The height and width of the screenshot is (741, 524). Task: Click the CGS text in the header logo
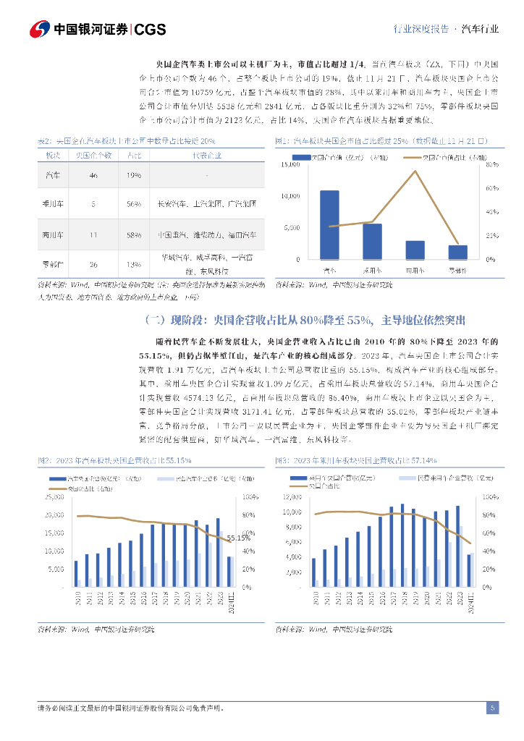151,30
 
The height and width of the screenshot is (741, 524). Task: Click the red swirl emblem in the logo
40,30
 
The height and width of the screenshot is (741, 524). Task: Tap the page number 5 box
492,708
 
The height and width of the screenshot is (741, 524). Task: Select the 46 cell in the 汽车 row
93,176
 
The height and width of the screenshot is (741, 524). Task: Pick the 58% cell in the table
134,235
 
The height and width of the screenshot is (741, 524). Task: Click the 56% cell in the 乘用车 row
134,205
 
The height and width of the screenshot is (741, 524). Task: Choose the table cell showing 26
93,264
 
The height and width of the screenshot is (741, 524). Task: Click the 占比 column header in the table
134,155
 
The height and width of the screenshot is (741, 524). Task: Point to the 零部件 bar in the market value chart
457,252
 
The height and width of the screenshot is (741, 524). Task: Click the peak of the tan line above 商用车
415,172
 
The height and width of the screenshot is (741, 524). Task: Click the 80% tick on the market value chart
491,165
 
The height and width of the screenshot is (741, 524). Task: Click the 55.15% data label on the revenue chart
238,538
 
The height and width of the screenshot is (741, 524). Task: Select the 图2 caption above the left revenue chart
114,460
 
